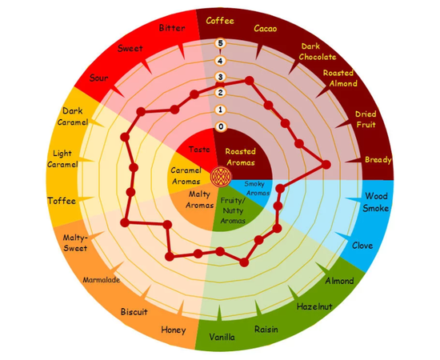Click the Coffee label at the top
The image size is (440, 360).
tap(220, 21)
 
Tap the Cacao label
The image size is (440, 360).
tap(266, 28)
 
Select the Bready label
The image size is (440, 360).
tap(378, 160)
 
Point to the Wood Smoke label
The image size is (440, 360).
tap(376, 202)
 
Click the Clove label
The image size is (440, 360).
tap(362, 246)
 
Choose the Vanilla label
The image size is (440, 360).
tap(222, 337)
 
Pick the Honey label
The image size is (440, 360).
tap(174, 330)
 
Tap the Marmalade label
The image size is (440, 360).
tap(102, 280)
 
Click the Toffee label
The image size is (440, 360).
tap(62, 201)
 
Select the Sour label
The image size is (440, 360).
tap(98, 78)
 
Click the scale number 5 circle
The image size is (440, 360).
tap(220, 43)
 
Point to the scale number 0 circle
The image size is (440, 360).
tap(221, 126)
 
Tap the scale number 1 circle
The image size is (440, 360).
tap(220, 110)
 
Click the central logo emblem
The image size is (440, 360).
tap(221, 177)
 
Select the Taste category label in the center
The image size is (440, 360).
tap(199, 150)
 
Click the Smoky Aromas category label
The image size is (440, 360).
tap(257, 188)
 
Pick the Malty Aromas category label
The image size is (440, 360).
tap(199, 199)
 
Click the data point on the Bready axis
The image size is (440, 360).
tap(326, 165)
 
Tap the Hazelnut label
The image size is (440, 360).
tap(314, 306)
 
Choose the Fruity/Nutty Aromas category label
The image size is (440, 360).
tap(233, 210)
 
